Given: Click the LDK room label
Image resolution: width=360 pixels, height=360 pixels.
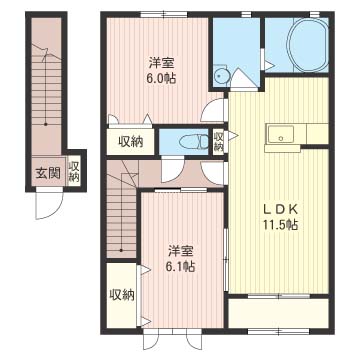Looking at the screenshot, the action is (x=280, y=209).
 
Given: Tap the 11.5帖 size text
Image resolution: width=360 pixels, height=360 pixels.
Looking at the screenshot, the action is (x=280, y=226).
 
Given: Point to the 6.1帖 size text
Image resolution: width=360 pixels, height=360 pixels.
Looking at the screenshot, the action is (x=181, y=266).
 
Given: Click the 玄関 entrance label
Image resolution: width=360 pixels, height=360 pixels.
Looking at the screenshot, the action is (x=48, y=173).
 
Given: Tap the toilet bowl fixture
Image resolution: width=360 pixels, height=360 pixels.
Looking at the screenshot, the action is (x=193, y=142).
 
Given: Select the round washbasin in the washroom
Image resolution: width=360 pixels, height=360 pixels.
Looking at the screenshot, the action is (x=219, y=76).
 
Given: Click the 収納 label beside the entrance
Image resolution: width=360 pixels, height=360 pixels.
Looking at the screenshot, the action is (x=74, y=172).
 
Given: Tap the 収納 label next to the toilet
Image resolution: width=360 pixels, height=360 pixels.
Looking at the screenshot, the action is (x=218, y=142).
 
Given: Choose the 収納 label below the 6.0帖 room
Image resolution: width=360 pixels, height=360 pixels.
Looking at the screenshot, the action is (x=131, y=142).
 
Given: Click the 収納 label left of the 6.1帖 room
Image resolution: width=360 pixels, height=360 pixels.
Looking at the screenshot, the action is (x=122, y=295).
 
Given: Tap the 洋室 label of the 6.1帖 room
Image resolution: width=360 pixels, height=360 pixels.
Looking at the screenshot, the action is (x=181, y=250).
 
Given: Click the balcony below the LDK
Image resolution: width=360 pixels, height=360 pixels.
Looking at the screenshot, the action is (x=278, y=313).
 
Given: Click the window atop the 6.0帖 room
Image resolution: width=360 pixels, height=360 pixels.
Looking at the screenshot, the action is (x=164, y=14).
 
